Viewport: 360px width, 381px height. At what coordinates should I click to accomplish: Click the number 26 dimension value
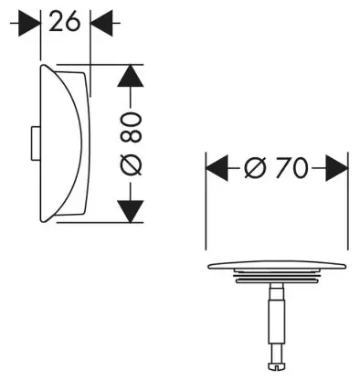coord(64,21)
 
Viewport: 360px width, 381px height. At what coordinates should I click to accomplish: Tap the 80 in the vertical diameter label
coord(131,128)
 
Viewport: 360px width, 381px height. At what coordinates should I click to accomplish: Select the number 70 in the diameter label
coord(291,168)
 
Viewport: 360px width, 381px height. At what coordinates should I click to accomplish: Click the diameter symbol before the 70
coord(255,168)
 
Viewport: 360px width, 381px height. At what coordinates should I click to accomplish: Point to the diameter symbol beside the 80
coord(132,164)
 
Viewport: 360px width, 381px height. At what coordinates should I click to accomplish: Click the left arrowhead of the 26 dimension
coord(29,23)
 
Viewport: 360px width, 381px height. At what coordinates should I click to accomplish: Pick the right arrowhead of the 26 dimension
coord(101,23)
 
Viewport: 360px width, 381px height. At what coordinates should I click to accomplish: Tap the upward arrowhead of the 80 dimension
coord(130,75)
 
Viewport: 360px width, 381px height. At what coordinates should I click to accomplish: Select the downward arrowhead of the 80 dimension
coord(130,212)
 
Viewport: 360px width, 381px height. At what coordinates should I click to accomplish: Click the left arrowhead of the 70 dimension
coord(217,168)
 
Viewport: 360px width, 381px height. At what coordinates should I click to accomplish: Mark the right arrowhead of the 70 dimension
coord(336,168)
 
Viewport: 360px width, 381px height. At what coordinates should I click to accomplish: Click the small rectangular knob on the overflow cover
coord(35,143)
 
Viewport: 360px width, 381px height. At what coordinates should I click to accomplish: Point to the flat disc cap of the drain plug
coord(277,265)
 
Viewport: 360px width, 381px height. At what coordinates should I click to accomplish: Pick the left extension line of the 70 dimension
coord(206,201)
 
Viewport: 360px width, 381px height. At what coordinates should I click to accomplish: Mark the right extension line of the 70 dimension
coord(348,201)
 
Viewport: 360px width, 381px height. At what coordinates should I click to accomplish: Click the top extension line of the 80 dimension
coord(100,64)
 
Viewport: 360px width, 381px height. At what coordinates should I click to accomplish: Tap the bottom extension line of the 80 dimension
coord(100,223)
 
